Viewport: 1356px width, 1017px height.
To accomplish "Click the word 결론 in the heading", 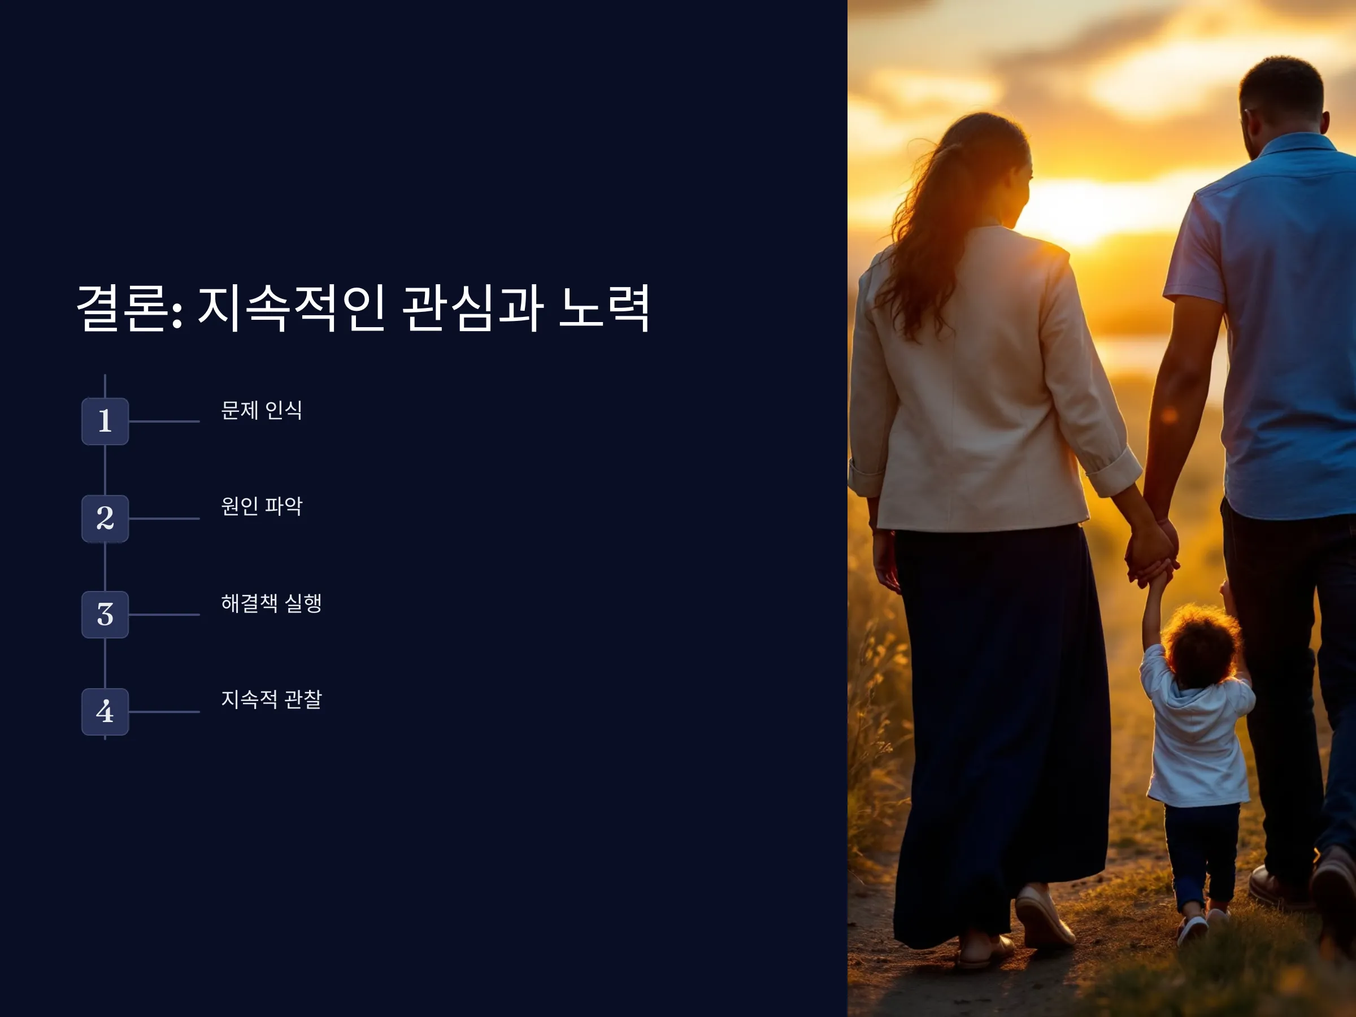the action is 123,308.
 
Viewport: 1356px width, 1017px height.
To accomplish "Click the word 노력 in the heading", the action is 604,308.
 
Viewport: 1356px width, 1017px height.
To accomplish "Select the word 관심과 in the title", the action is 473,308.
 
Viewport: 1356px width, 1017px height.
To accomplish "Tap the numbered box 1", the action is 105,421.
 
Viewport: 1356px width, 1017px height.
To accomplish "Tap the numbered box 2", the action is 105,518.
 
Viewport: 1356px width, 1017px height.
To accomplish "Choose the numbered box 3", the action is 105,614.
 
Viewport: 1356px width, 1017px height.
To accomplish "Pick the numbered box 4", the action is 105,711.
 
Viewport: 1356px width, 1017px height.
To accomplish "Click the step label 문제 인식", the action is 262,410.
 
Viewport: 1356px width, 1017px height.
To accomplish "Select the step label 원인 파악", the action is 262,506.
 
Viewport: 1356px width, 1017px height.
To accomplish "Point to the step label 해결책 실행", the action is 272,603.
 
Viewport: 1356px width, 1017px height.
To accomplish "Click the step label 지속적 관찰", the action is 272,699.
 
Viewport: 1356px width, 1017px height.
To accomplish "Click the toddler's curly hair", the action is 1202,644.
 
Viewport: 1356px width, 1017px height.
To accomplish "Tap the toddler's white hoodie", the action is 1196,742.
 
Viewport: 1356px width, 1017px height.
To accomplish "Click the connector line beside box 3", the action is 164,614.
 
